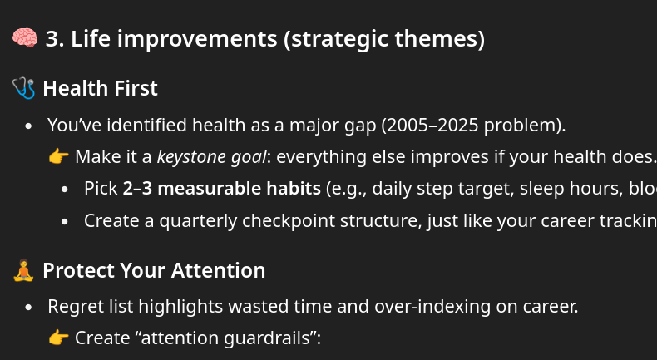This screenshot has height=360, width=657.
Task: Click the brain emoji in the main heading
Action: click(x=25, y=38)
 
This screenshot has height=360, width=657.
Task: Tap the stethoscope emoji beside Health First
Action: click(x=24, y=87)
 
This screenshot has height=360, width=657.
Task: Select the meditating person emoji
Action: click(x=24, y=270)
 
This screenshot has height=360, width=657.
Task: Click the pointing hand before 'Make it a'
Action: click(x=58, y=156)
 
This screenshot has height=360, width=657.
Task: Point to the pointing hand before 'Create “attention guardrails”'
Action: click(x=58, y=338)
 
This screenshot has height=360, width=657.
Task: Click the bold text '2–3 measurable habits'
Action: click(x=221, y=188)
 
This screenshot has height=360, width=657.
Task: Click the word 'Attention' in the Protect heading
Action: click(x=215, y=270)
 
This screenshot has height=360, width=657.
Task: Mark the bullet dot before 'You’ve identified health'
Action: click(x=30, y=126)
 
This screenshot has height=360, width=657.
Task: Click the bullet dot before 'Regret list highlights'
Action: click(x=30, y=307)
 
